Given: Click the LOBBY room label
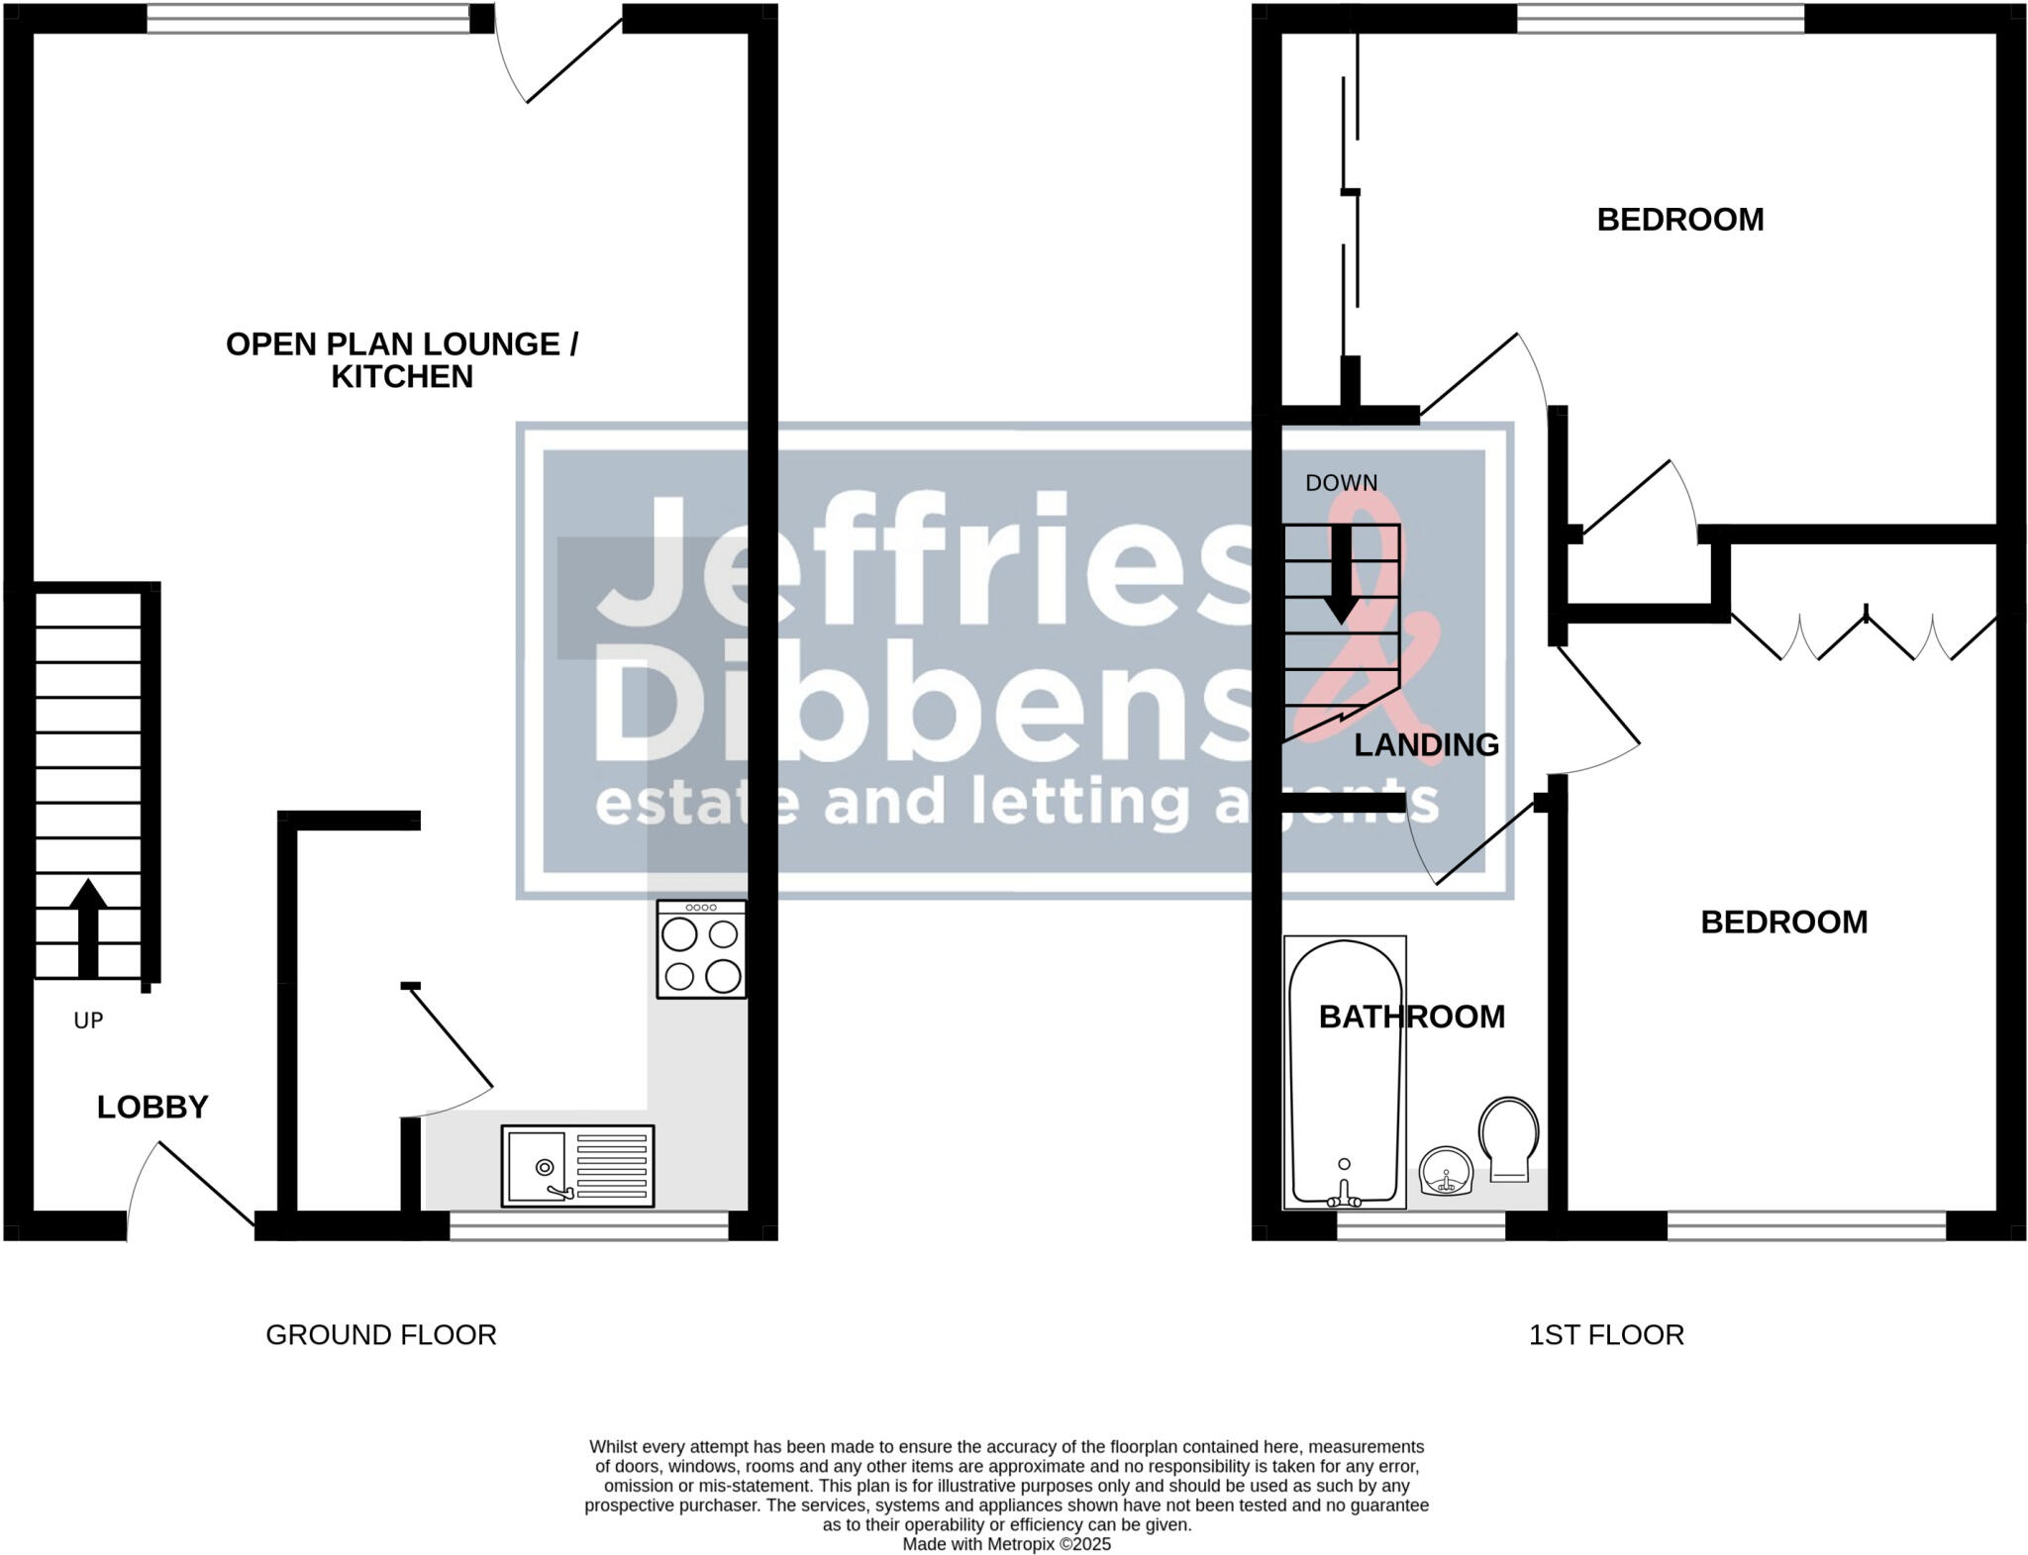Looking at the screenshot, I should [152, 1107].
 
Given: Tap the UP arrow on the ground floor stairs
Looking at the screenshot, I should [88, 927].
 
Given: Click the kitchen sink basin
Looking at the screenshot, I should [536, 1166].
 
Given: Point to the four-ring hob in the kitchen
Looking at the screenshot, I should [701, 949].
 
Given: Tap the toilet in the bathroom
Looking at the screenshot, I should [1508, 1138].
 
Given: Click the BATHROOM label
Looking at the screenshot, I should [1411, 1017].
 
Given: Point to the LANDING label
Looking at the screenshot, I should [1426, 745].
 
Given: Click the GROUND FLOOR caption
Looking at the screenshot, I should [381, 1335].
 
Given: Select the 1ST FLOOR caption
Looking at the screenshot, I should [1606, 1335].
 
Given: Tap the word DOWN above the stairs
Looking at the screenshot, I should [1341, 483].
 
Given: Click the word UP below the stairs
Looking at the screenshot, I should [88, 1020].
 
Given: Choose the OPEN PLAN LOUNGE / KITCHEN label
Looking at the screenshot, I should [402, 360].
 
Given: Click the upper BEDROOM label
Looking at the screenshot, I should [1680, 220].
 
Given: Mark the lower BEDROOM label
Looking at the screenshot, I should [1783, 923].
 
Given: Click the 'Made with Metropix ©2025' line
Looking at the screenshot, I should [1006, 1544].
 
